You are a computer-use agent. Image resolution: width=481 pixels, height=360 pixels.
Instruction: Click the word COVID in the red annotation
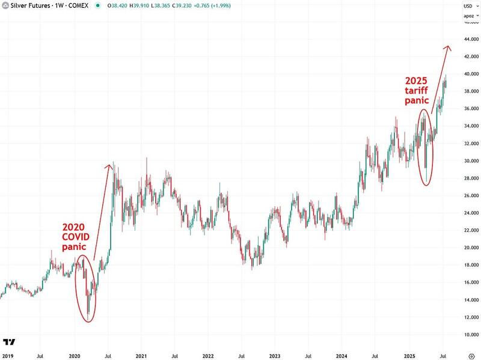(76, 237)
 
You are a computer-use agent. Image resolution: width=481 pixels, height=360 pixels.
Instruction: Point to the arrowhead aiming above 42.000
(447, 47)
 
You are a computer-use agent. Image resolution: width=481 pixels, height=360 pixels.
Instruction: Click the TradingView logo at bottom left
(9, 342)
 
